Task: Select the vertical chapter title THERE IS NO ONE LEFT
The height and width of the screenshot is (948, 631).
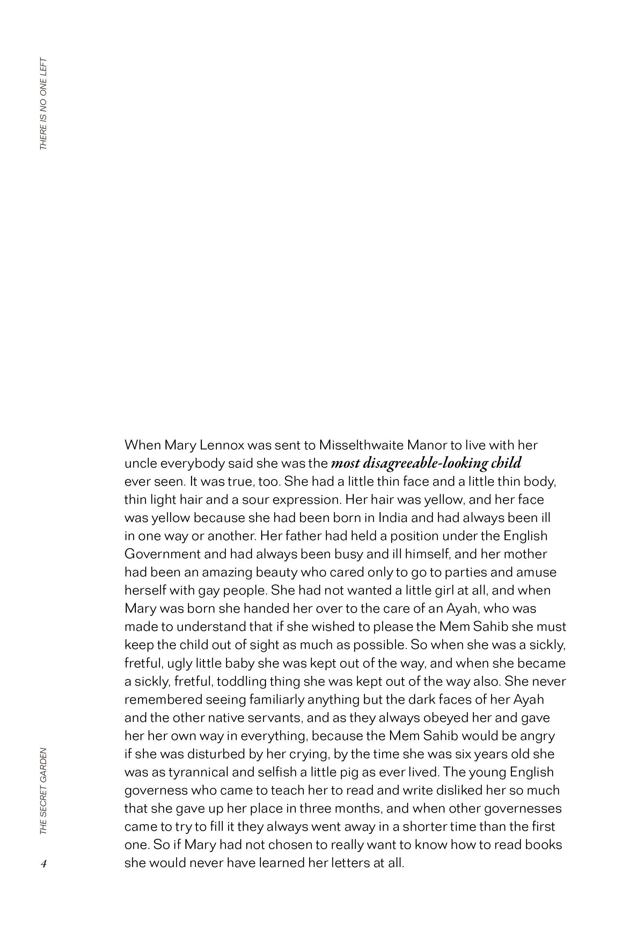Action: pyautogui.click(x=43, y=104)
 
